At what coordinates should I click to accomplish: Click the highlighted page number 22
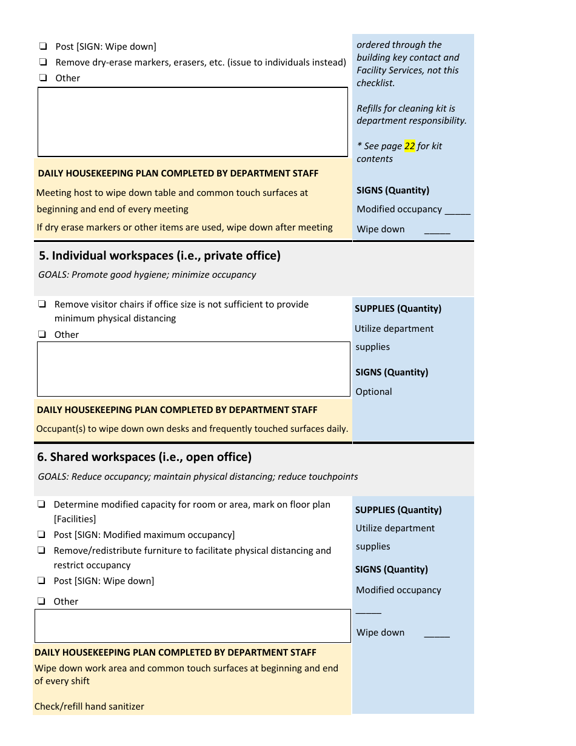click(x=410, y=146)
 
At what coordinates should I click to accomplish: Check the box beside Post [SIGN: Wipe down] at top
click(x=43, y=46)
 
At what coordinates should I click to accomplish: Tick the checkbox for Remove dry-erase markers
click(x=43, y=62)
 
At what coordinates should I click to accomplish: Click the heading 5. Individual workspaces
click(x=159, y=256)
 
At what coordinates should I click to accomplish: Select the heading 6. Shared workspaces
click(x=144, y=457)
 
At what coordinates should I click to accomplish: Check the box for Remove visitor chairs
click(x=42, y=304)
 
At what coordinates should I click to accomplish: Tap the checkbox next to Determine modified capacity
click(x=41, y=504)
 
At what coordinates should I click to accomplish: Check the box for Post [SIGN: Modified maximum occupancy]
click(x=41, y=534)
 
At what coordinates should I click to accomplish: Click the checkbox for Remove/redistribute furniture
click(x=41, y=550)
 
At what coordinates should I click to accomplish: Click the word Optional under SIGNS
click(x=373, y=392)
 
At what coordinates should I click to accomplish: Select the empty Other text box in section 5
click(x=193, y=369)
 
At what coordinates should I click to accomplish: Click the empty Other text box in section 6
click(x=192, y=626)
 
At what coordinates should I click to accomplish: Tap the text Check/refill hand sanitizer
click(x=89, y=707)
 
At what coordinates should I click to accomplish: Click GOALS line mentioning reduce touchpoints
click(x=198, y=477)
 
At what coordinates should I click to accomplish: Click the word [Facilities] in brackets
click(x=75, y=519)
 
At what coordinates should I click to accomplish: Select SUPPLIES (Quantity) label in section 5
click(x=398, y=309)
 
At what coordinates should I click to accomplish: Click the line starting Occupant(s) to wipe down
click(x=192, y=429)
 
